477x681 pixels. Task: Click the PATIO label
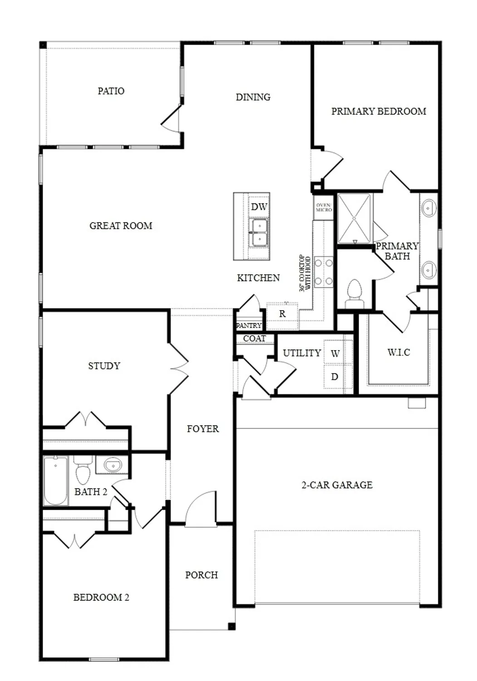pos(111,91)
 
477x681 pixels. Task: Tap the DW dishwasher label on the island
pos(259,207)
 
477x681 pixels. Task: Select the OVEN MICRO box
pos(324,207)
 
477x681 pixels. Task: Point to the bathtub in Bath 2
pos(56,481)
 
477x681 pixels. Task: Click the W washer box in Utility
pos(335,353)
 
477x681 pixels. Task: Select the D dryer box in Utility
pos(334,376)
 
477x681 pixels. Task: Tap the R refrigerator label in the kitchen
pos(282,314)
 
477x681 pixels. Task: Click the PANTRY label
pos(249,326)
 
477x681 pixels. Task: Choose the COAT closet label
pos(254,339)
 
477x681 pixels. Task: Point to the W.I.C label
pos(398,352)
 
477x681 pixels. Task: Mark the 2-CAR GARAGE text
pos(337,485)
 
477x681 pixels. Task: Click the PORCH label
pos(201,575)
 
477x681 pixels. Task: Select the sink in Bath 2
pos(112,465)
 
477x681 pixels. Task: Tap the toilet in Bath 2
pos(83,471)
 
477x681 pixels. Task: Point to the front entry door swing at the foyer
pos(201,511)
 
